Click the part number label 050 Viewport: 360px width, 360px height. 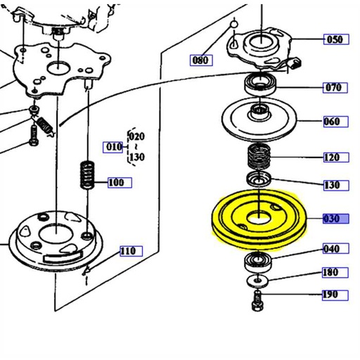[x=335, y=39]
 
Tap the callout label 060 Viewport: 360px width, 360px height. [x=333, y=122]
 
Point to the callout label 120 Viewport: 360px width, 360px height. [x=333, y=157]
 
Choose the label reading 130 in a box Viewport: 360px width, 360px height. [x=333, y=186]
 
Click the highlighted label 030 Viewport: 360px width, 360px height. [x=333, y=219]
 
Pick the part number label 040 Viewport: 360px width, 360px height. [x=332, y=249]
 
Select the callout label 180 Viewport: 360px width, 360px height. [x=330, y=272]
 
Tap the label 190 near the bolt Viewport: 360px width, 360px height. [x=330, y=295]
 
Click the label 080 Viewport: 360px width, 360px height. [x=201, y=60]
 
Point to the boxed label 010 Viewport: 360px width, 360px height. [x=112, y=147]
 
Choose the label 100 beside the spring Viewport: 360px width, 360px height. [x=117, y=183]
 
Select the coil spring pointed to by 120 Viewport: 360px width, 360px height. [x=261, y=158]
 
